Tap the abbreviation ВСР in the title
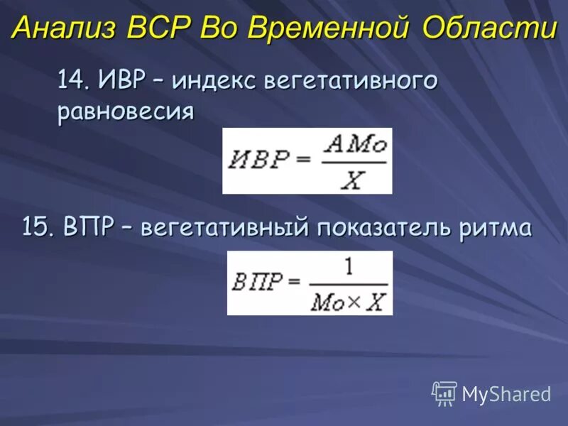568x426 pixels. (160, 29)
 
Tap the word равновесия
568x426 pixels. (125, 112)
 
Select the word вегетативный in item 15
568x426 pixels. (224, 228)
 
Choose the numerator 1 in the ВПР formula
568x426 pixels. (349, 268)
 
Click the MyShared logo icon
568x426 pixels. (444, 393)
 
